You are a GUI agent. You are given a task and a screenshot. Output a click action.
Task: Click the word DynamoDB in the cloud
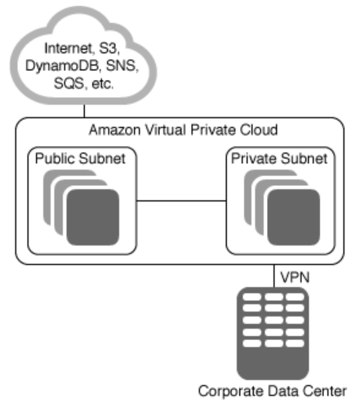tap(63, 66)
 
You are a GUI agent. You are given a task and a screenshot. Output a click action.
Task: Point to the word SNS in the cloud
tap(122, 65)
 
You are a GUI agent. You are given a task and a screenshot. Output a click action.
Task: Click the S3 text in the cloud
tap(109, 48)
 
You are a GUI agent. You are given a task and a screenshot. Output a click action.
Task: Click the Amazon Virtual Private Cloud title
tap(183, 130)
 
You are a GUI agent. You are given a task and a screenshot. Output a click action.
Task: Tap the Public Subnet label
tap(80, 158)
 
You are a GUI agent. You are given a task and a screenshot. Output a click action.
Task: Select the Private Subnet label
tap(279, 158)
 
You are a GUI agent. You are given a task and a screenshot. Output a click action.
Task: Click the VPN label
tap(295, 277)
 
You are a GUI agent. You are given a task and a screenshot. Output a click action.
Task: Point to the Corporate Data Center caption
tap(273, 392)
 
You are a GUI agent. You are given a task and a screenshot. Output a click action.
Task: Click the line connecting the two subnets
tap(181, 201)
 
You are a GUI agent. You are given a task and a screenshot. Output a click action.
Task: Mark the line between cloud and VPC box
tap(84, 111)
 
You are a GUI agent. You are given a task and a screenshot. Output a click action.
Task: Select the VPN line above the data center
tap(274, 276)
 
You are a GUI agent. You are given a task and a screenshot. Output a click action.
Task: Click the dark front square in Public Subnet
tap(93, 217)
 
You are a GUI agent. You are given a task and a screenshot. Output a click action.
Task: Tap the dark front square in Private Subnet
tap(294, 217)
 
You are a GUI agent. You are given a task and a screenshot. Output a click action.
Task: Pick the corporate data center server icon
tap(273, 334)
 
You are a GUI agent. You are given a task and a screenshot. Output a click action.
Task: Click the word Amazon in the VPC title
tap(115, 130)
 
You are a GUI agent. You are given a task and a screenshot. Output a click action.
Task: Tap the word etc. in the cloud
tap(103, 84)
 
